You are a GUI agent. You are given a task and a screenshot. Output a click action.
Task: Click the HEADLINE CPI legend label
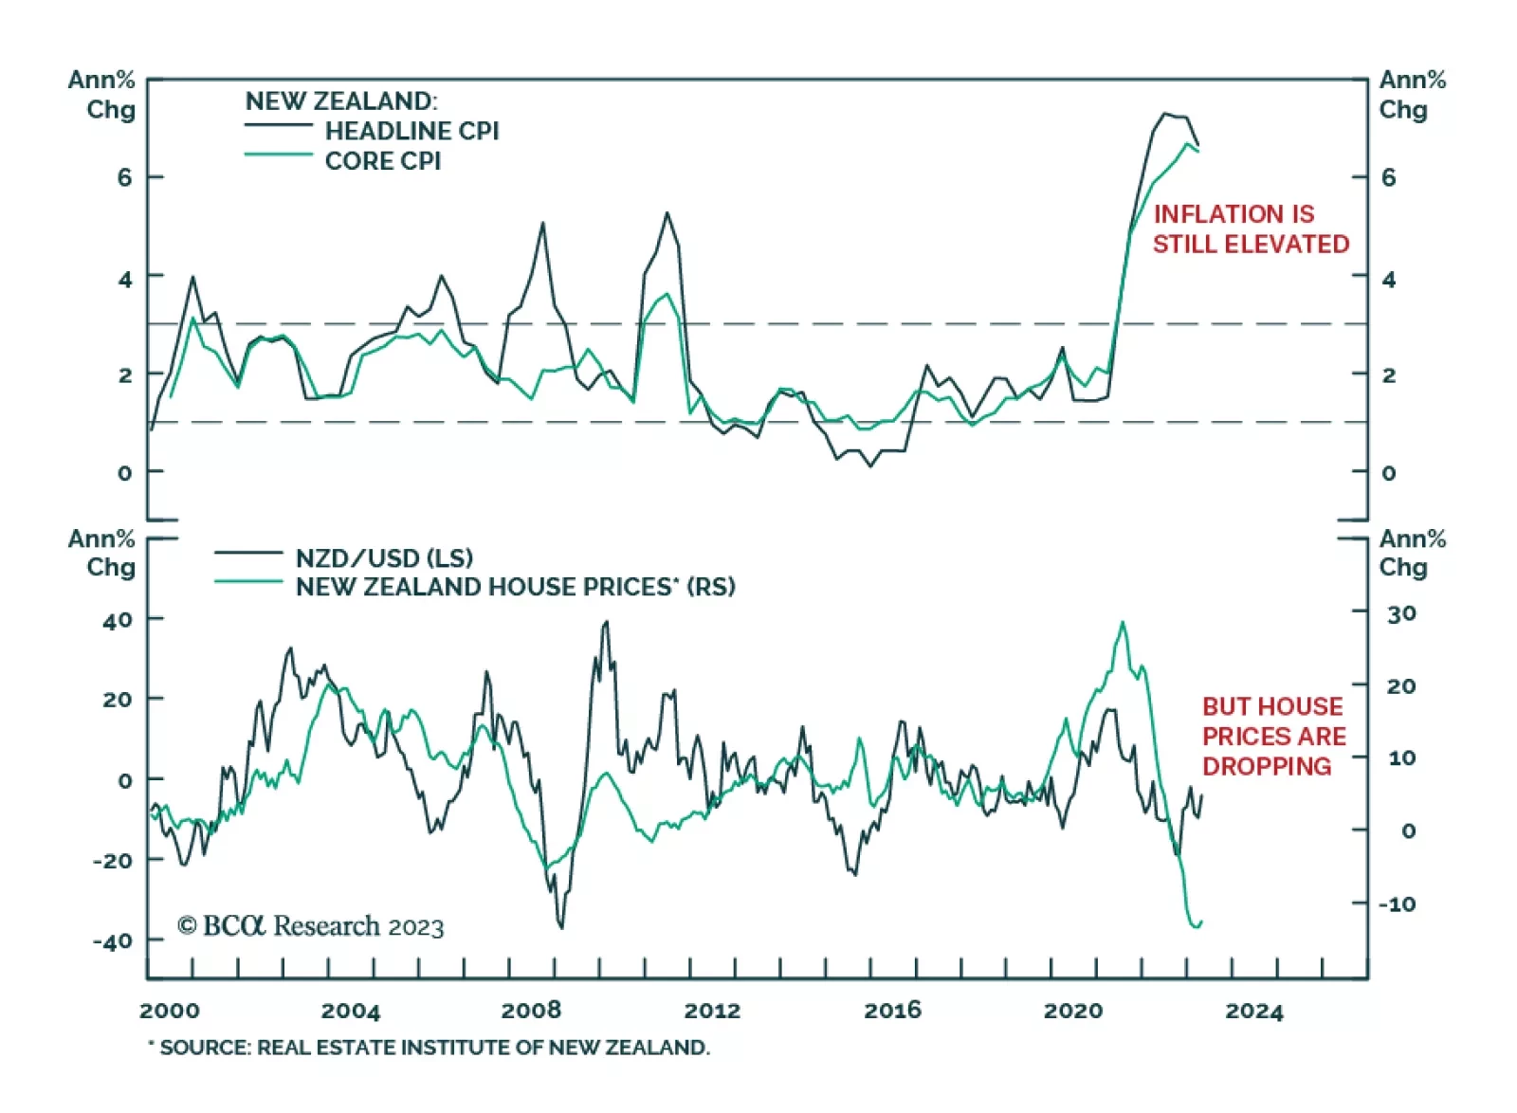(x=411, y=131)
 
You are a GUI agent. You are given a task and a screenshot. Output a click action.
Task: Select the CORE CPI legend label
(x=382, y=161)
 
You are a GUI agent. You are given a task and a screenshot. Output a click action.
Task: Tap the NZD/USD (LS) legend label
(x=384, y=557)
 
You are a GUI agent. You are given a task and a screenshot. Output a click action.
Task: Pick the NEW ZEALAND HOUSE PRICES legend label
(x=515, y=587)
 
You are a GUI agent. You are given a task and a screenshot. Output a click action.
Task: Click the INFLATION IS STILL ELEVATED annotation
(x=1250, y=228)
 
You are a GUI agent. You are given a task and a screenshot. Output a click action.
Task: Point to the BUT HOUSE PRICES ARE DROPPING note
(x=1273, y=736)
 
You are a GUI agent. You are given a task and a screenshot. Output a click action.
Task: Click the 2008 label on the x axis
(x=531, y=1011)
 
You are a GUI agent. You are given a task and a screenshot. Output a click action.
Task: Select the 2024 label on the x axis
(x=1253, y=1011)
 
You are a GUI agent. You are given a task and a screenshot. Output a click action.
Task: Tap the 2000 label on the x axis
(x=170, y=1011)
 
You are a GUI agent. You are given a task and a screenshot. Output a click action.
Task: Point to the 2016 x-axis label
(x=892, y=1011)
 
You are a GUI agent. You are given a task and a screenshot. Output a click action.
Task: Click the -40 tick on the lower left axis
(x=113, y=941)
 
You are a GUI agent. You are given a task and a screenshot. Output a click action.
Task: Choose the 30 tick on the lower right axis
(x=1401, y=613)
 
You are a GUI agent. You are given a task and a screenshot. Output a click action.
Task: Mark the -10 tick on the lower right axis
(x=1397, y=903)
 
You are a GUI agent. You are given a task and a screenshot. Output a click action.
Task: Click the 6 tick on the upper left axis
(x=124, y=177)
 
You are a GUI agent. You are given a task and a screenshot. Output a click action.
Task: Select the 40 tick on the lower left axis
(x=118, y=621)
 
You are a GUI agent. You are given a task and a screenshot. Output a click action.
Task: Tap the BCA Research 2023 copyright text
(x=310, y=925)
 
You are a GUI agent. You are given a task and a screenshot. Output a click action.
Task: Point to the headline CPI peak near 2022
(x=1165, y=114)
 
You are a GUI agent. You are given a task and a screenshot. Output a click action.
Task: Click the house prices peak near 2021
(x=1123, y=623)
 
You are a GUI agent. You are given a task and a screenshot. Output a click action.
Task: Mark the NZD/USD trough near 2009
(x=561, y=927)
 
